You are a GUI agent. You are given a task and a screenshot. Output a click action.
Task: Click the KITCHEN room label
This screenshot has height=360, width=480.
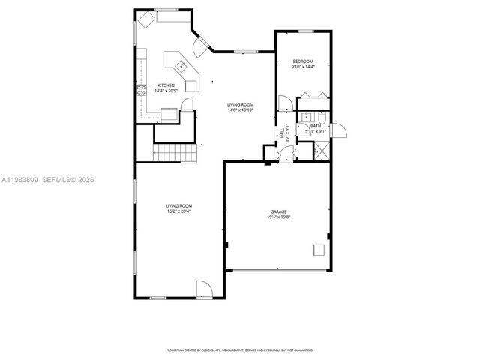pos(166,85)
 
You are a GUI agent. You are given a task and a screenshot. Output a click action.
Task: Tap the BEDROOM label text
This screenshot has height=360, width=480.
pos(303,61)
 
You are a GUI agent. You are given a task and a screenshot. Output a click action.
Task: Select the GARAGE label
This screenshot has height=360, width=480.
pos(279,212)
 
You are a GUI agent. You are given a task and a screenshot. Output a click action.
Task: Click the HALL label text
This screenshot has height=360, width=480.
pos(282,133)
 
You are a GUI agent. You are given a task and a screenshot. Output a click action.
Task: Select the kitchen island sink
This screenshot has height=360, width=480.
pos(181,64)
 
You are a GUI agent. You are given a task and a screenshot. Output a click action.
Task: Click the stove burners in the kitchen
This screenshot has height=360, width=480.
pos(140,91)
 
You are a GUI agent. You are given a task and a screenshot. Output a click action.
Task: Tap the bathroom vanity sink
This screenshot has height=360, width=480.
pos(306,117)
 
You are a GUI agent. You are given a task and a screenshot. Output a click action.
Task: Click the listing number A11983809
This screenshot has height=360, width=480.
pos(20,181)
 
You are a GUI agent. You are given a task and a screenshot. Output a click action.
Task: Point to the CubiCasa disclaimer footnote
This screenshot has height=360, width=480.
pos(239,349)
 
